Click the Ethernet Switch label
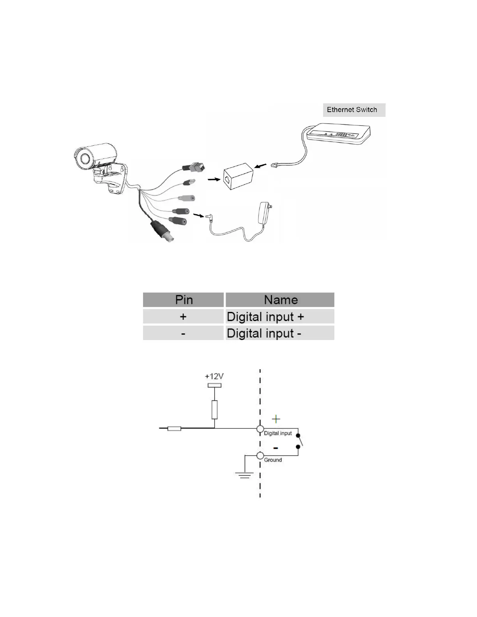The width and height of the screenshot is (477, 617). (352, 110)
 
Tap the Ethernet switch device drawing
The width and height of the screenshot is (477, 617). (338, 135)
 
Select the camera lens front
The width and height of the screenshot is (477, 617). (85, 158)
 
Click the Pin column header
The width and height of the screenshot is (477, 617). (184, 300)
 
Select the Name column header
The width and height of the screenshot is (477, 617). (280, 300)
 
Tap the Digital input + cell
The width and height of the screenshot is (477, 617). (280, 317)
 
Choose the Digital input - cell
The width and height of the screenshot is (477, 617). (280, 333)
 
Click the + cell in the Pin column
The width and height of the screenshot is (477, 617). (184, 317)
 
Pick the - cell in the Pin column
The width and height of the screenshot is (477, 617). (184, 333)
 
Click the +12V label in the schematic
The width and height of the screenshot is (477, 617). (214, 377)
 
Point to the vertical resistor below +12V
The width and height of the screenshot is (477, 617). (214, 409)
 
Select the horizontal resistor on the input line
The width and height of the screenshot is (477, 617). (174, 429)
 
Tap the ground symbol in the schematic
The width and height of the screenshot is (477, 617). (244, 474)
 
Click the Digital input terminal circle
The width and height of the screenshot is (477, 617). (260, 429)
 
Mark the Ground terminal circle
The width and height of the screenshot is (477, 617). (260, 455)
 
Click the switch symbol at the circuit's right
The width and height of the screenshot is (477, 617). (299, 442)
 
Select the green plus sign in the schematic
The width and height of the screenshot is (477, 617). (276, 419)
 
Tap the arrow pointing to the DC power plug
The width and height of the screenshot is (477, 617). (198, 214)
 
